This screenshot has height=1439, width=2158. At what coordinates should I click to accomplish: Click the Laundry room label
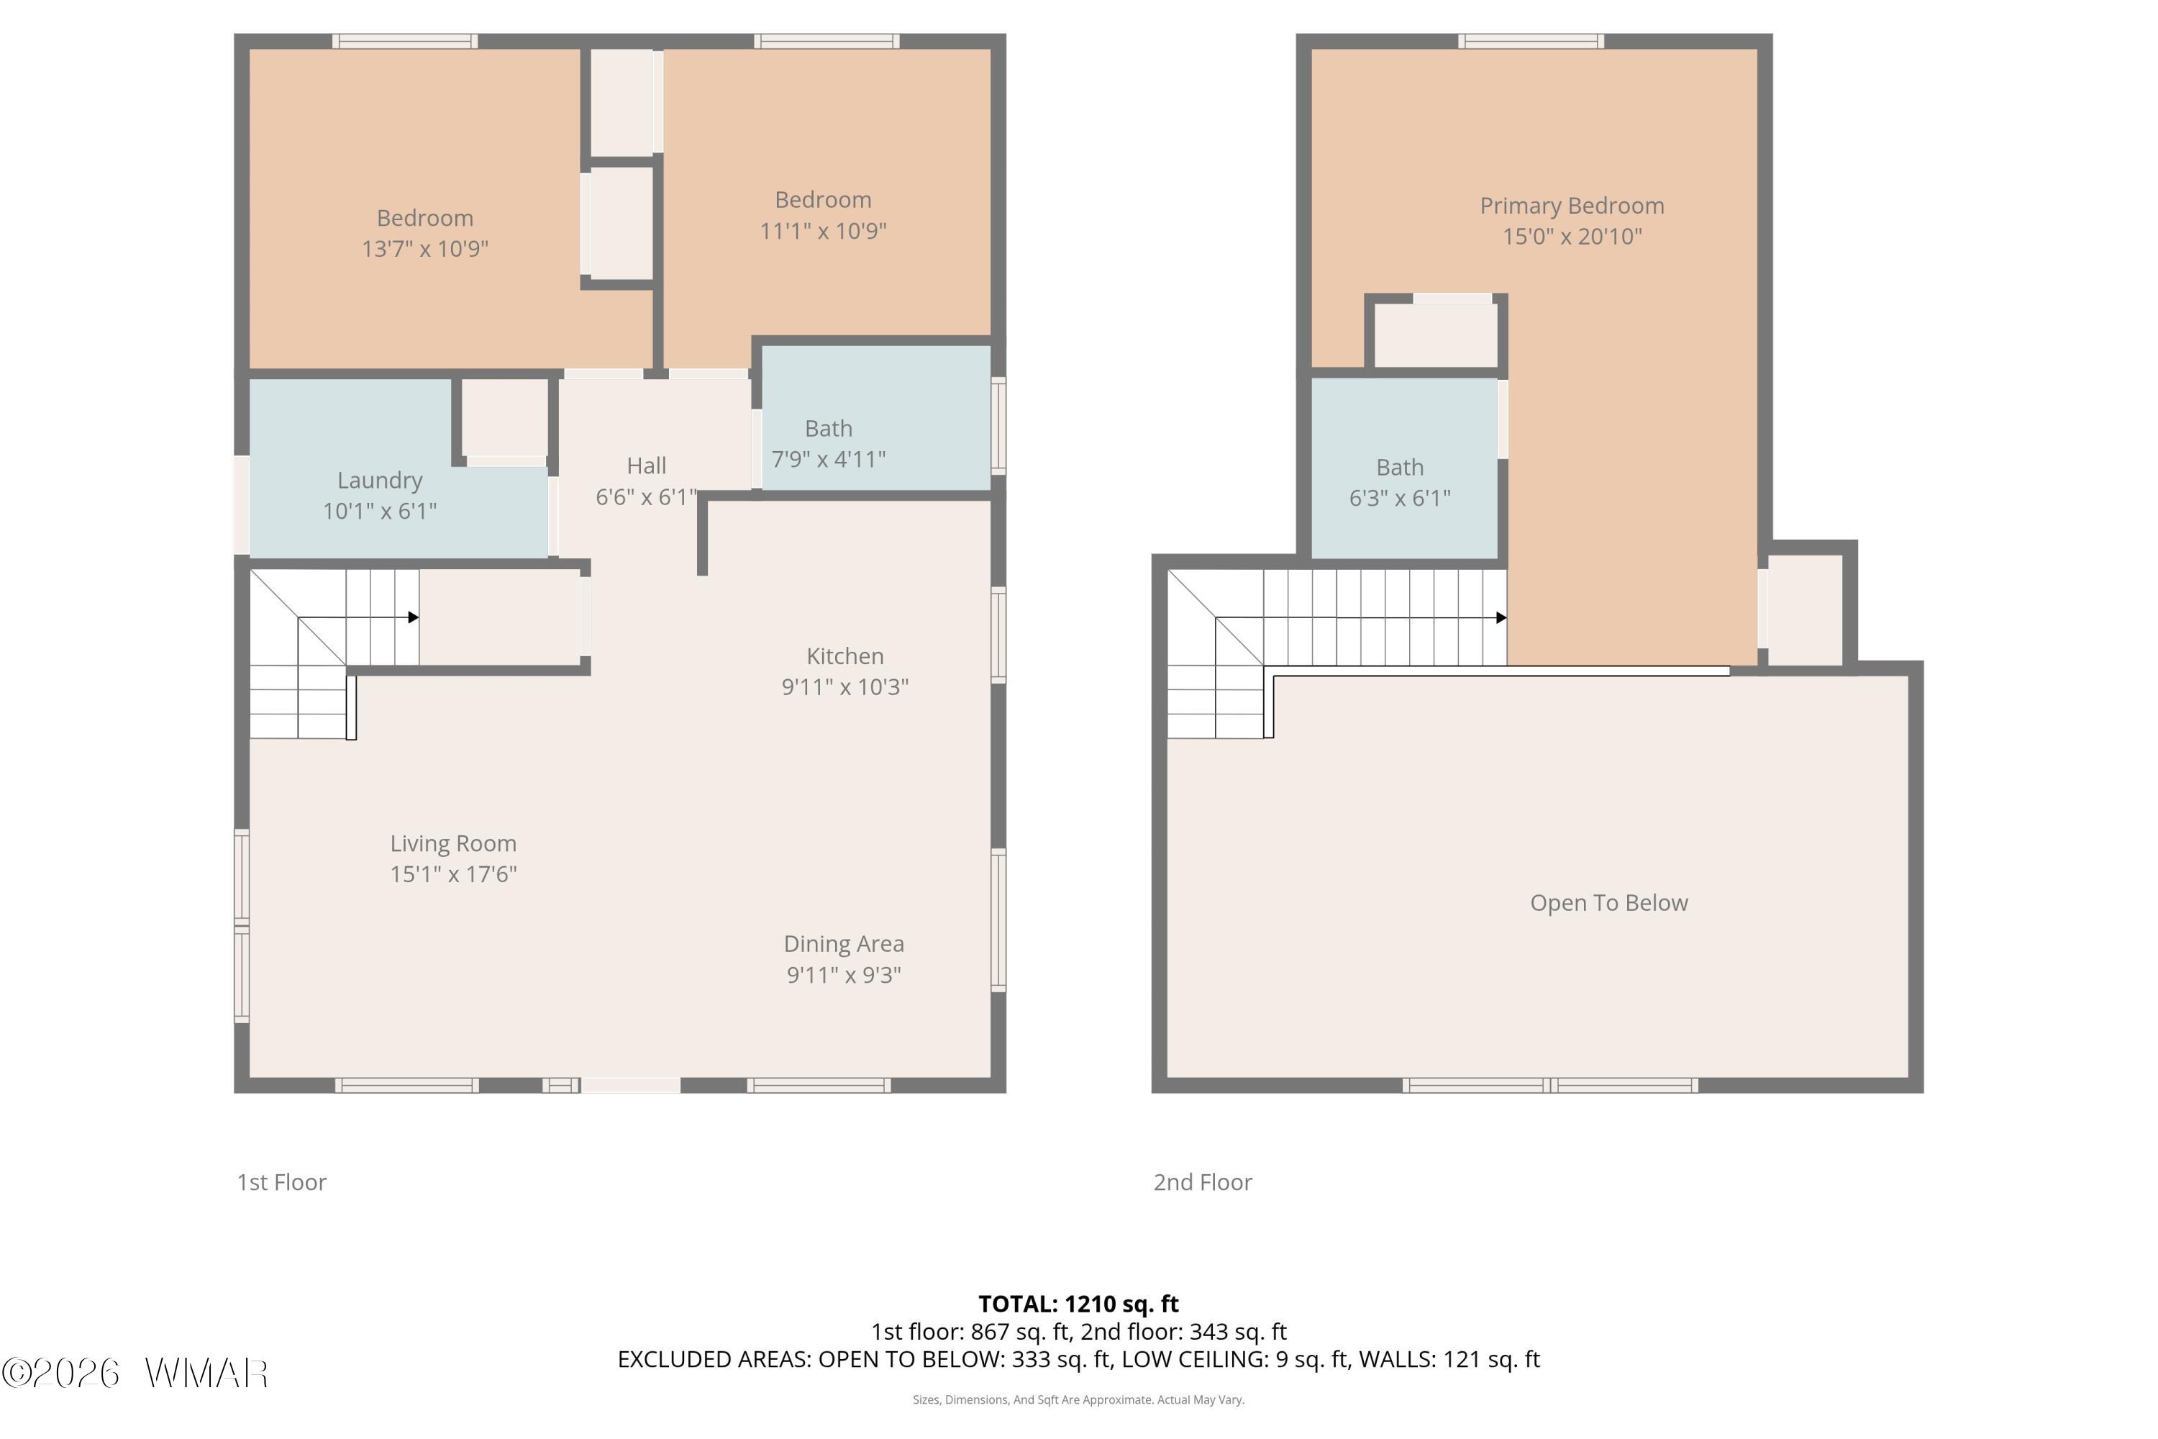pos(380,480)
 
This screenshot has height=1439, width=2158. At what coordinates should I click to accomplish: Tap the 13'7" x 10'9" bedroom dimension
pos(425,249)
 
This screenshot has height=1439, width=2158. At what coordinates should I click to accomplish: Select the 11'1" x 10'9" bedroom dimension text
pos(823,230)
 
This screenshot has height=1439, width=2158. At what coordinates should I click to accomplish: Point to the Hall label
pos(647,466)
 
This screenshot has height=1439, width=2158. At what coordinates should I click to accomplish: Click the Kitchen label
pos(845,656)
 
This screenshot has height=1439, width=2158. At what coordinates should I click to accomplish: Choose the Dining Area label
pos(844,944)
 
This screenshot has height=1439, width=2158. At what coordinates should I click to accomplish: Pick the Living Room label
pos(453,843)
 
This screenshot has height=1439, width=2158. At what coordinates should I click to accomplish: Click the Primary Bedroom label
pos(1572,206)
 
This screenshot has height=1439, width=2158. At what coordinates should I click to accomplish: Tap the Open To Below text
pos(1608,903)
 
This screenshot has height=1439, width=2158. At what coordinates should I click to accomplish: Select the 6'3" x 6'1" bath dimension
pos(1400,499)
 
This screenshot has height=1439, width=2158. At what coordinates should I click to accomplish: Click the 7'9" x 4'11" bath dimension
pos(829,459)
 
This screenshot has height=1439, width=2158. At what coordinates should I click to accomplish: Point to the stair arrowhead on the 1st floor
pos(414,617)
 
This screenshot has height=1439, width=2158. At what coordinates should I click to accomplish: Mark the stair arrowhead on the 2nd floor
pos(1501,617)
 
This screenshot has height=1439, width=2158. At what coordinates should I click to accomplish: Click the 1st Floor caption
pos(282,1182)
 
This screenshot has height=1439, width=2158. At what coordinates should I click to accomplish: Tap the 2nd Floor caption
pos(1203,1182)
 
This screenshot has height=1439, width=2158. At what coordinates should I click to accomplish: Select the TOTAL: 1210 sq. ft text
pos(1078,1304)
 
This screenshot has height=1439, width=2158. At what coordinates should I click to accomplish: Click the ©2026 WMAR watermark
pos(135,1373)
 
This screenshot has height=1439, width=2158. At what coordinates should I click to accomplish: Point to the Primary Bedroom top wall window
pos(1531,41)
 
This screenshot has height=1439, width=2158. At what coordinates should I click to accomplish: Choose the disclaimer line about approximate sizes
pos(1078,1399)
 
